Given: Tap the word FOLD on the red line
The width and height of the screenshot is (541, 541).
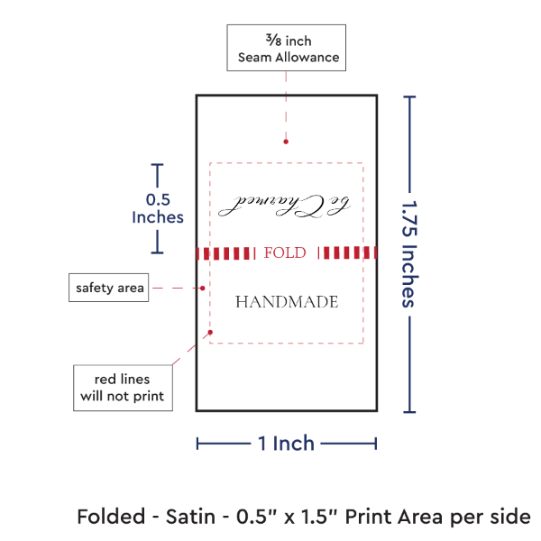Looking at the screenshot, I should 285,252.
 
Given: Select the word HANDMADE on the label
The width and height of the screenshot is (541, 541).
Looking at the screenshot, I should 287,302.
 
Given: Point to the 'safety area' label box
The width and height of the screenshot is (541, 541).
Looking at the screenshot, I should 107,288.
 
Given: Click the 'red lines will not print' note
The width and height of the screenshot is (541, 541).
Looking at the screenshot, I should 123,387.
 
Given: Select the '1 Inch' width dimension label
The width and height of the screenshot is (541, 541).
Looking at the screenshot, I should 286,443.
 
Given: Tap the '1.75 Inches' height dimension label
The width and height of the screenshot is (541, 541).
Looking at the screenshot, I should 408,253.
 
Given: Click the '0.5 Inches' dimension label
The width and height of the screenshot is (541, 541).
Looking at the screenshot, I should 158,208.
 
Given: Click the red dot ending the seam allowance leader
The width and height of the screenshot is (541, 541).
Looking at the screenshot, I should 286,142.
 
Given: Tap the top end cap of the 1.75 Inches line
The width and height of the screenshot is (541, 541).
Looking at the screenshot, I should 411,96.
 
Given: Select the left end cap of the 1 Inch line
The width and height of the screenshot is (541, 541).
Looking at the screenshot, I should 197,443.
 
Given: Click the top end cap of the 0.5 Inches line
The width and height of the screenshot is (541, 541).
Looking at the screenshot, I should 159,165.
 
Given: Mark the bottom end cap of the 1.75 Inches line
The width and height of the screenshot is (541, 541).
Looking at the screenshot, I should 411,412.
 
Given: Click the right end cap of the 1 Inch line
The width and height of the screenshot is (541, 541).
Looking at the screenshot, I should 375,443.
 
